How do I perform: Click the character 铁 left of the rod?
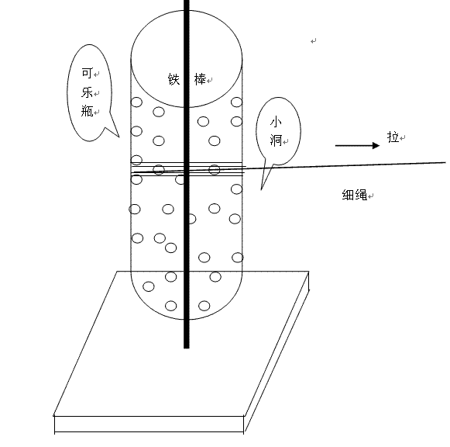coord(173,79)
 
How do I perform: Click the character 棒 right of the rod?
coord(200,79)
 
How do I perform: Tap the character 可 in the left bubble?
coord(88,73)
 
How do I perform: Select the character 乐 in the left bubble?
coord(88,92)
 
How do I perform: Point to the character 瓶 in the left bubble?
coord(88,111)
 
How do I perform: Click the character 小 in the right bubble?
coord(276,122)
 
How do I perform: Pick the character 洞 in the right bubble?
coord(276,140)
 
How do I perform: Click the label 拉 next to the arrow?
coord(393,137)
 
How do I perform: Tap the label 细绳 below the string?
coord(355,195)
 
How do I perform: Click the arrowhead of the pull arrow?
coord(376,146)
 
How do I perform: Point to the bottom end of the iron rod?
coord(187,348)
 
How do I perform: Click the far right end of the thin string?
coord(445,163)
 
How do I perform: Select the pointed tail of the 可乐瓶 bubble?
coord(119,137)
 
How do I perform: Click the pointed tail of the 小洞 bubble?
coord(261,189)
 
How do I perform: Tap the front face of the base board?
coord(149,424)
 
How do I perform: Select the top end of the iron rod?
coord(187,1)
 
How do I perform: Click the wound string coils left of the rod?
coord(157,168)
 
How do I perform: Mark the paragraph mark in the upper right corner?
coord(314,41)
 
